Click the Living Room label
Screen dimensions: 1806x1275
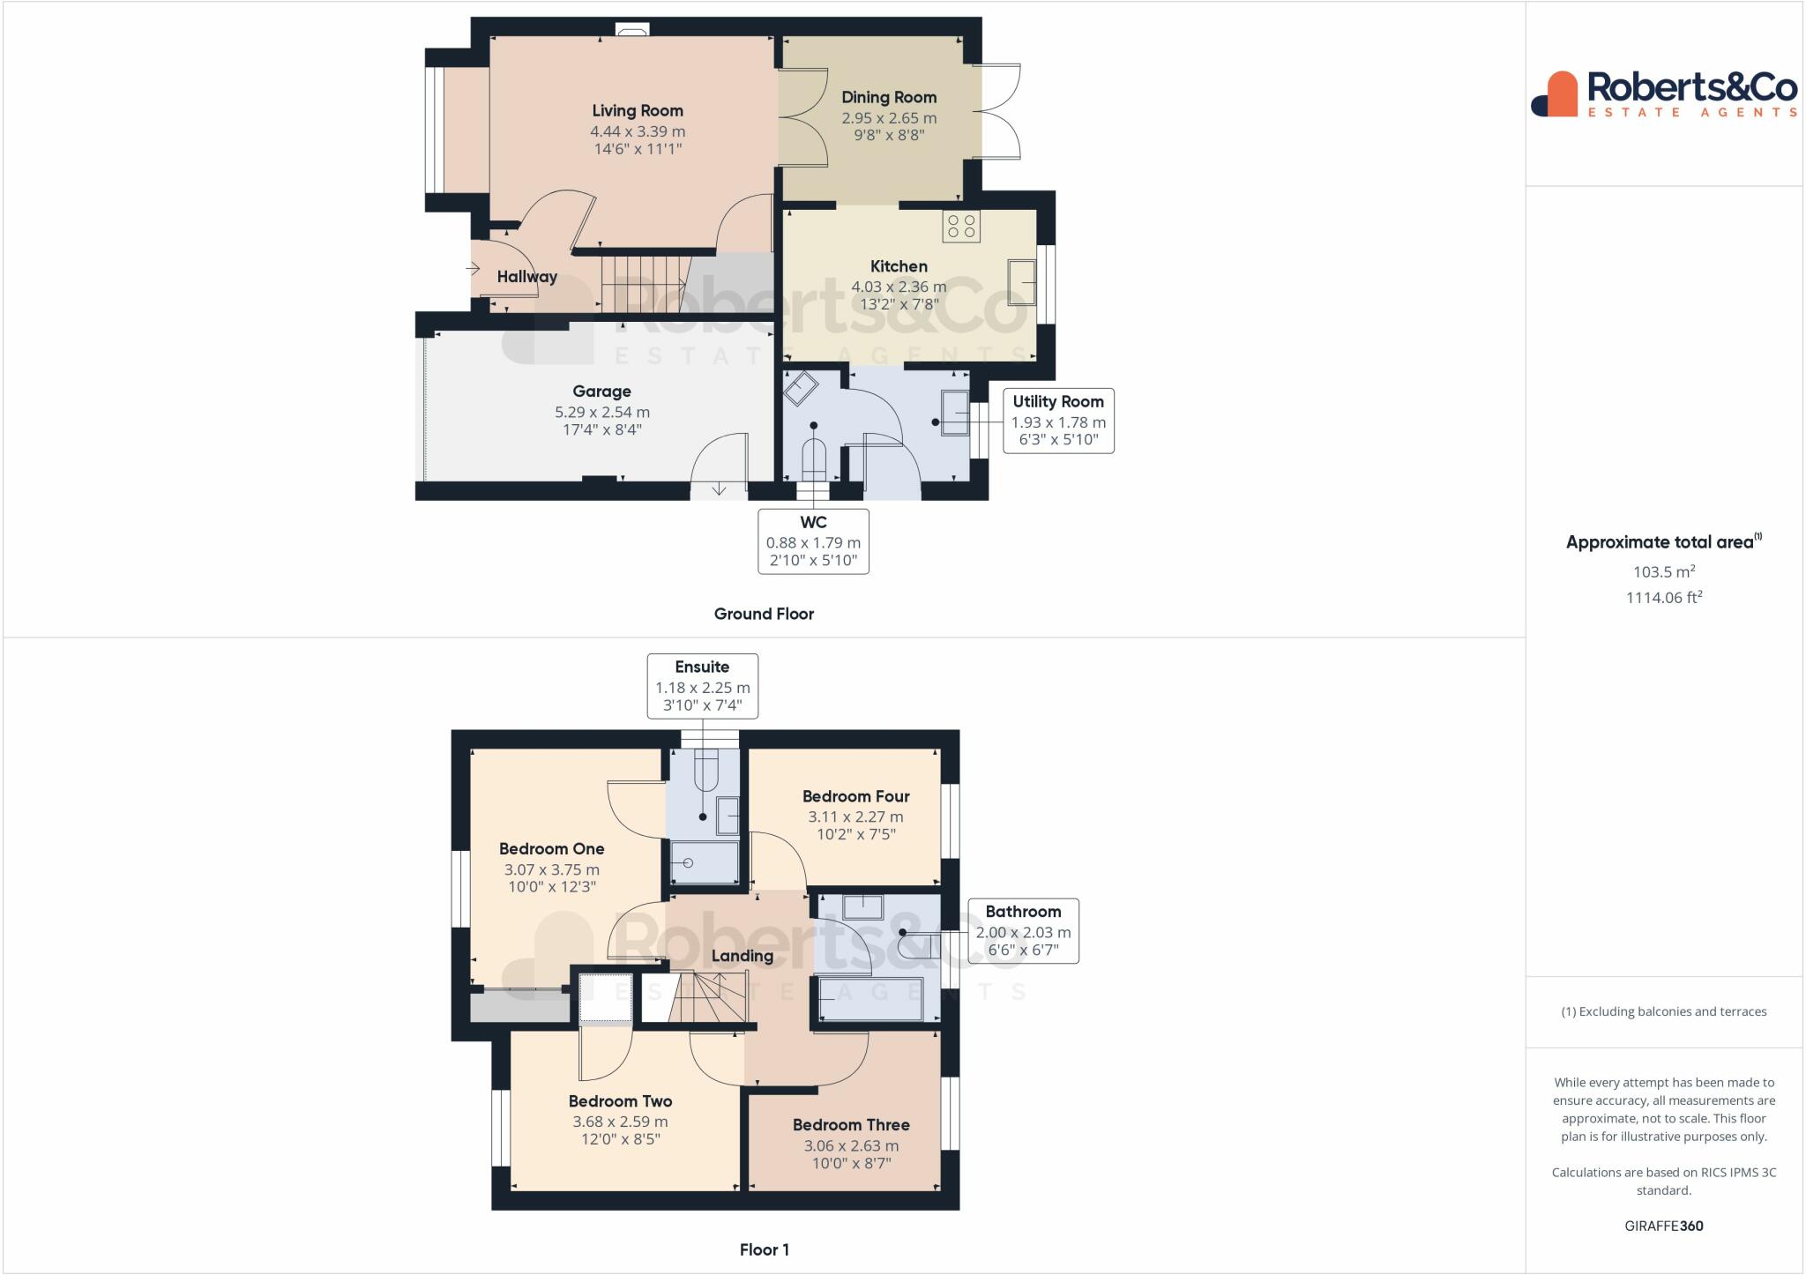(x=638, y=111)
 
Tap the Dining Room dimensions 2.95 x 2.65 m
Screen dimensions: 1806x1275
(x=889, y=118)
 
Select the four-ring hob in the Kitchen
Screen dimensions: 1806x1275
(x=961, y=226)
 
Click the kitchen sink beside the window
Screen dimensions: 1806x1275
(x=1023, y=282)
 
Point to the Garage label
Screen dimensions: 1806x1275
(x=602, y=391)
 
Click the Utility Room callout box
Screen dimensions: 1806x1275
(x=1058, y=421)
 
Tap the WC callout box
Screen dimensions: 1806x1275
(x=813, y=541)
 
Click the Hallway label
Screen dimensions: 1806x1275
(x=527, y=277)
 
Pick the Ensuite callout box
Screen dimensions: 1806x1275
(x=703, y=686)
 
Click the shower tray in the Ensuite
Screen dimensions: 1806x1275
(x=705, y=861)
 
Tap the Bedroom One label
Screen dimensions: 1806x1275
(x=552, y=849)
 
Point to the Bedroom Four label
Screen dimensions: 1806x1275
(x=856, y=796)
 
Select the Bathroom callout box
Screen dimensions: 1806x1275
(x=1023, y=931)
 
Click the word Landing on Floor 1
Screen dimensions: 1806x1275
(x=743, y=956)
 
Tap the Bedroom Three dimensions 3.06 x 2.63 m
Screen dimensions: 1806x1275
(x=851, y=1146)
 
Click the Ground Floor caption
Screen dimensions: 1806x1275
(x=764, y=614)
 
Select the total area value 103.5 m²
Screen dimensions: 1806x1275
(x=1664, y=571)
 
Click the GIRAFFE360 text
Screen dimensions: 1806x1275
(x=1664, y=1226)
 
